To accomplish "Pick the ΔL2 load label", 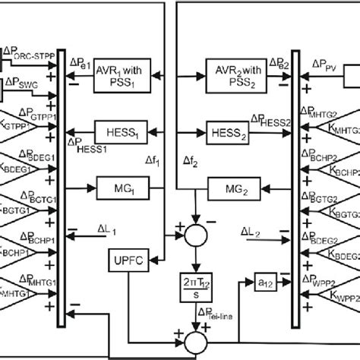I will (252, 228).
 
